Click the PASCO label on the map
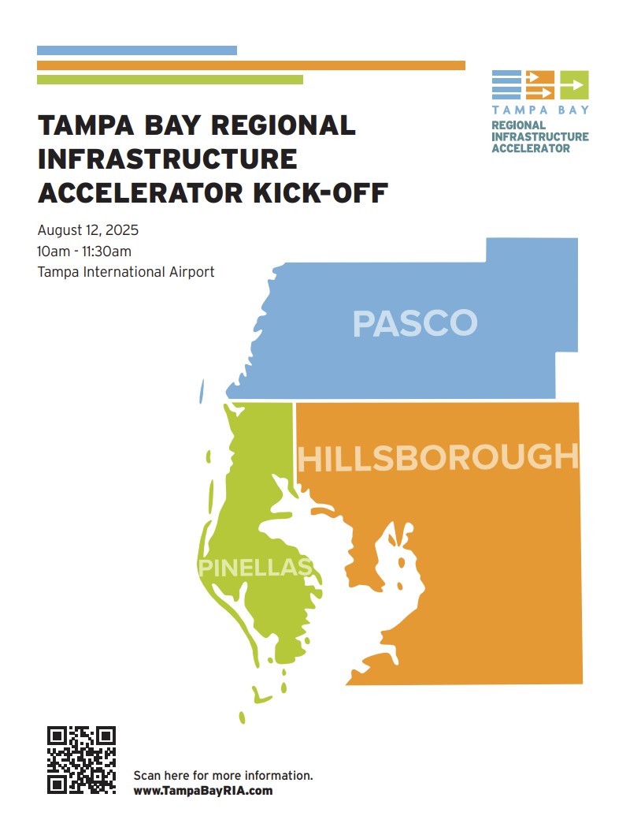point(414,323)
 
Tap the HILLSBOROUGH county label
point(438,458)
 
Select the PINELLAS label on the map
point(255,567)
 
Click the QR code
point(82,759)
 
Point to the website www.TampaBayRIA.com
point(203,790)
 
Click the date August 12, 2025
point(88,231)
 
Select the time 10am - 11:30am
point(84,252)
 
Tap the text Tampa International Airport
point(126,272)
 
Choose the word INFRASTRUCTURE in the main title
point(167,158)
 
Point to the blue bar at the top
point(137,50)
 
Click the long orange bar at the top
point(250,65)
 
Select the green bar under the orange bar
point(169,80)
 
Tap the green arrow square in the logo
point(574,84)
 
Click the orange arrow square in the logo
point(540,84)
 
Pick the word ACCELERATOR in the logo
point(531,148)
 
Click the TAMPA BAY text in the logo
point(540,110)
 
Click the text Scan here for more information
point(224,775)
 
